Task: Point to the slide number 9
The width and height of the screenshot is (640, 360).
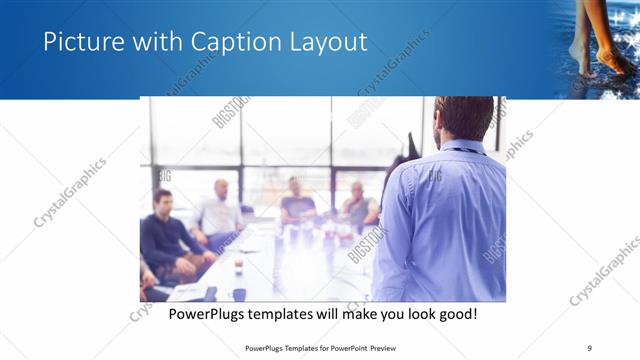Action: pyautogui.click(x=589, y=347)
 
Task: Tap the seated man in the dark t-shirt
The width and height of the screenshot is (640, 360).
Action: pyautogui.click(x=297, y=202)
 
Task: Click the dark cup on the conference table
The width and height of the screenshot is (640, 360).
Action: pyautogui.click(x=239, y=293)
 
